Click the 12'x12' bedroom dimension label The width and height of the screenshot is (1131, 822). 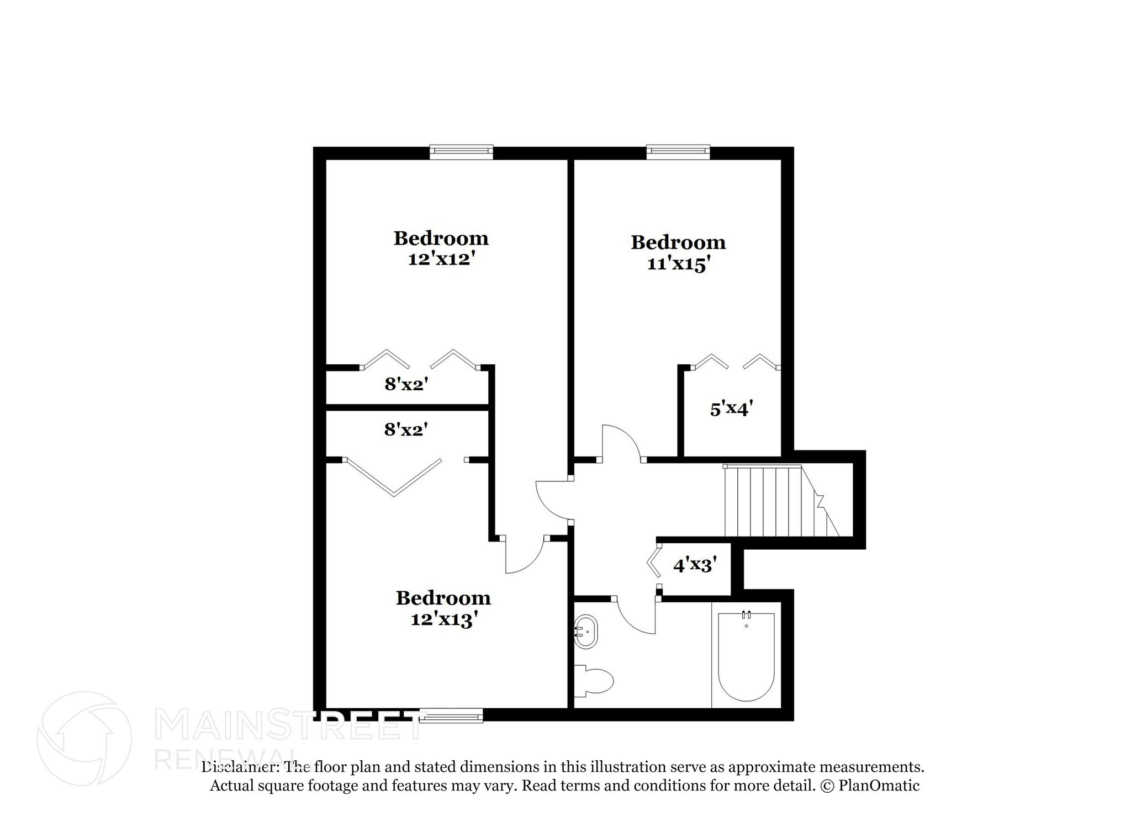point(441,259)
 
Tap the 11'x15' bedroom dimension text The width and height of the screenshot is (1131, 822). point(678,264)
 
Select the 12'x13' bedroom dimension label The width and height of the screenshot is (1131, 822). point(443,619)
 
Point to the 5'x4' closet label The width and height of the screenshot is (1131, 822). point(731,409)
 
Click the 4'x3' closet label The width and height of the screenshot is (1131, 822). point(695,565)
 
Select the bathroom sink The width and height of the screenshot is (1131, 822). point(586,631)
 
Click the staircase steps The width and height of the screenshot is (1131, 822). point(773,501)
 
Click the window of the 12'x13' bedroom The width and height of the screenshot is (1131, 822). point(451,716)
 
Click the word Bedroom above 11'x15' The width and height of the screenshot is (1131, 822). point(678,242)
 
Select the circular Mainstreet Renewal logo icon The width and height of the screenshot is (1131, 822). point(84,739)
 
